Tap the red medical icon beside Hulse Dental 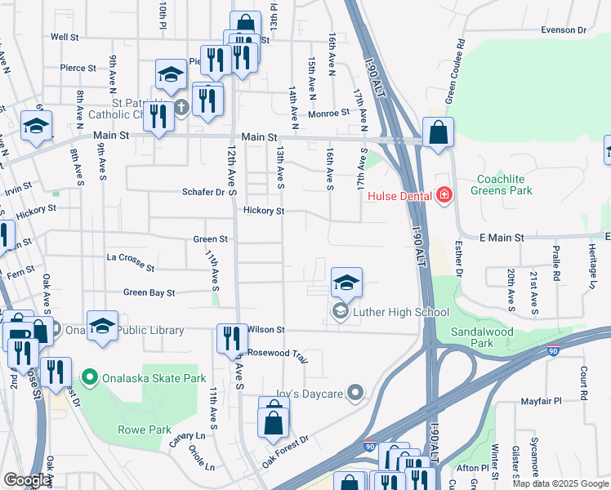(444, 195)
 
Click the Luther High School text (400, 312)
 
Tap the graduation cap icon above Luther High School (346, 283)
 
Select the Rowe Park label (149, 430)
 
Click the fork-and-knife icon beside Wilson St (232, 337)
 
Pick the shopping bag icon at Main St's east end (438, 132)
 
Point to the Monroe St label (329, 113)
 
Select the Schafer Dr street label (203, 192)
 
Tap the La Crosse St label (131, 261)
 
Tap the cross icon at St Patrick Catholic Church (181, 106)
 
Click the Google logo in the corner (27, 480)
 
